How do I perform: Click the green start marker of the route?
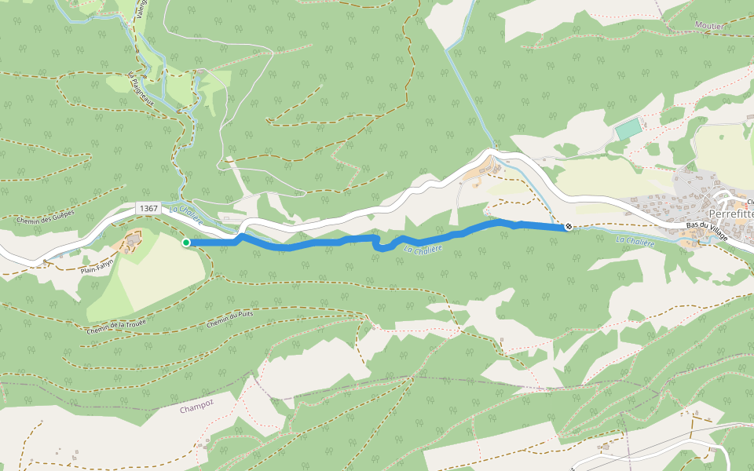point(186,243)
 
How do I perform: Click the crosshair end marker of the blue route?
point(568,227)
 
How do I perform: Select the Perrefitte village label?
point(730,214)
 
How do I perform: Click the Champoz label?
point(196,409)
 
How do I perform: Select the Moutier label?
point(709,26)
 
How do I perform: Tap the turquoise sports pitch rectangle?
point(628,129)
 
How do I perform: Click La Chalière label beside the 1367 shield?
point(186,214)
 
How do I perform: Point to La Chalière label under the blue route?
point(423,249)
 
